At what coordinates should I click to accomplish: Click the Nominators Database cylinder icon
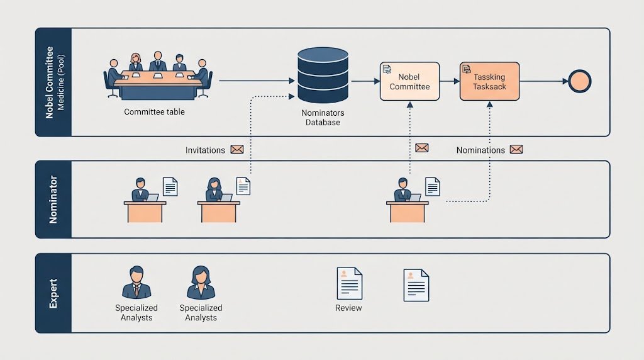click(323, 75)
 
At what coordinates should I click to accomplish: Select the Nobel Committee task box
click(409, 81)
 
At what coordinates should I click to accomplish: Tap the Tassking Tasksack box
click(489, 81)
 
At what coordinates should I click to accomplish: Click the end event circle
click(579, 81)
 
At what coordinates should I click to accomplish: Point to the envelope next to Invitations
click(237, 150)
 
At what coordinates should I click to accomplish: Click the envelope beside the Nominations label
click(516, 150)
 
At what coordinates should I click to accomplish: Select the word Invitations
click(205, 150)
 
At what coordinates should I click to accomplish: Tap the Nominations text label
click(480, 150)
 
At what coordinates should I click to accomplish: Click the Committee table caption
click(155, 112)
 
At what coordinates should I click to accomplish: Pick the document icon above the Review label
click(350, 283)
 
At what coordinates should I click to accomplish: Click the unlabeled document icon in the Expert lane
click(416, 285)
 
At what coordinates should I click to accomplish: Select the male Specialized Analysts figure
click(136, 283)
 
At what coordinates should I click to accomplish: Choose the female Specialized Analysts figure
click(201, 283)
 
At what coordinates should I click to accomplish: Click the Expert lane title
click(53, 293)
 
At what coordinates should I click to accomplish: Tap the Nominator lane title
click(53, 200)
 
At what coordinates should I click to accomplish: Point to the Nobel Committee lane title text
click(50, 82)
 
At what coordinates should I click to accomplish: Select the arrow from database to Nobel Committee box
click(365, 81)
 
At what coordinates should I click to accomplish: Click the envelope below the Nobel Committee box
click(422, 148)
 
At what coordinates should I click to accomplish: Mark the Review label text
click(348, 308)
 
